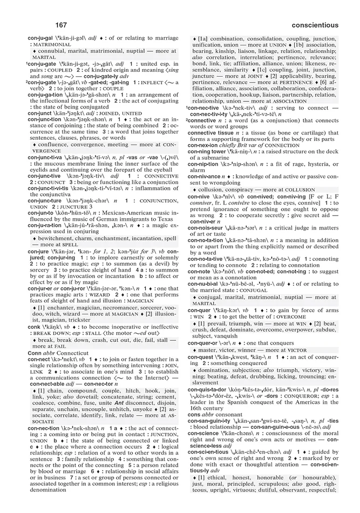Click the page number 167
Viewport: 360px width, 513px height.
tap(60, 25)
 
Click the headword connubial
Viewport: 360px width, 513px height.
tap(207, 283)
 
